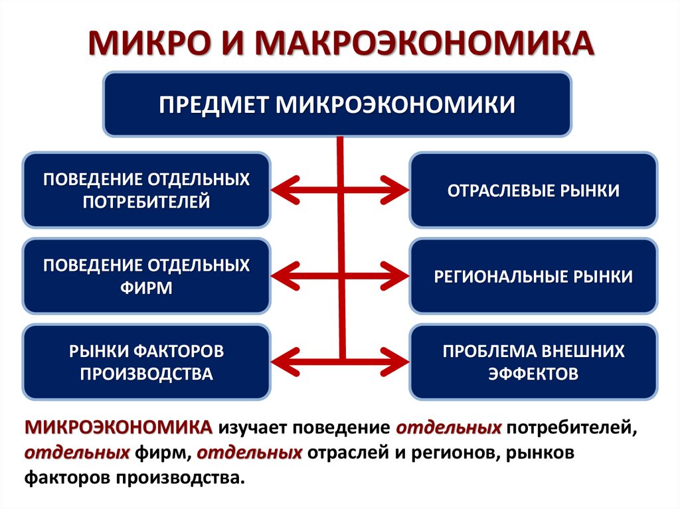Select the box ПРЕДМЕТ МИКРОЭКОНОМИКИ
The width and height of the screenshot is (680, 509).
point(337,104)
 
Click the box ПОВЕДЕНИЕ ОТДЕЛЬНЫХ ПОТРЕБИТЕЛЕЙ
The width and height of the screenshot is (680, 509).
point(147,190)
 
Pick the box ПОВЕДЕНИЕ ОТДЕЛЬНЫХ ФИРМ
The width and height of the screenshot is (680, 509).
point(147,276)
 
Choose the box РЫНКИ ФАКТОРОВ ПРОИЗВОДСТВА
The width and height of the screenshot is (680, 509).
point(147,362)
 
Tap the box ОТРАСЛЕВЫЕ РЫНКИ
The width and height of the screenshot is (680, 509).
point(533,190)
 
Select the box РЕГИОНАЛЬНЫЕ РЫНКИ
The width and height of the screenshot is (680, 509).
point(533,276)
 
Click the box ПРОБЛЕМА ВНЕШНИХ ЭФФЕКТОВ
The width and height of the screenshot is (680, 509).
point(533,362)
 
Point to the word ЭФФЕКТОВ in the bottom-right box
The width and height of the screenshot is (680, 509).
point(533,374)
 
